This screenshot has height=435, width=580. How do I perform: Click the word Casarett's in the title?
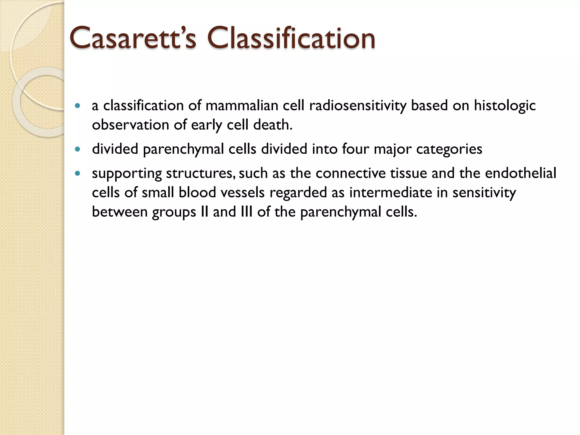coord(133,38)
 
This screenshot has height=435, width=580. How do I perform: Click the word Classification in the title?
coord(291,38)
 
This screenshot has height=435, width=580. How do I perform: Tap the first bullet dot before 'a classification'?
coord(78,106)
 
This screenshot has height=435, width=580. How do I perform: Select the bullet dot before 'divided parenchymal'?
coord(78,149)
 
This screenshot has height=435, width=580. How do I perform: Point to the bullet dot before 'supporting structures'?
coord(78,173)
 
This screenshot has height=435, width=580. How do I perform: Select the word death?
coord(273,125)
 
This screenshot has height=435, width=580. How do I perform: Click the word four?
coord(355,149)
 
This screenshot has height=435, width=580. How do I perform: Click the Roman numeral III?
coord(246,212)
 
